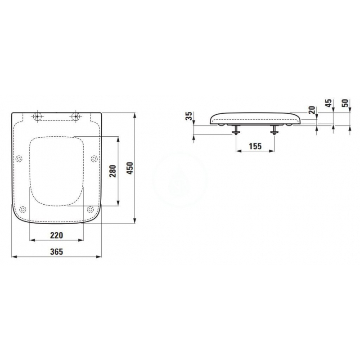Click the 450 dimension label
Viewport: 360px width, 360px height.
coord(130,168)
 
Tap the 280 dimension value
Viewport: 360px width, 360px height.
coord(113,171)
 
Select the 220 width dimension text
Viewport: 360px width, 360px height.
coord(57,235)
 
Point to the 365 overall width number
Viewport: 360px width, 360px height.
coord(57,252)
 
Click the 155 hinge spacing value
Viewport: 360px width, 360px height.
coord(255,146)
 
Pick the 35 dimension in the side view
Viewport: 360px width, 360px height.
coord(189,116)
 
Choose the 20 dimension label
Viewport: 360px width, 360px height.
coord(311,110)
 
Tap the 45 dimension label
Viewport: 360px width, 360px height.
coord(329,103)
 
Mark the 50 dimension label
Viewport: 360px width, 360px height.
coord(345,103)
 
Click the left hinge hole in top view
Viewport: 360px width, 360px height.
coord(37,117)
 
